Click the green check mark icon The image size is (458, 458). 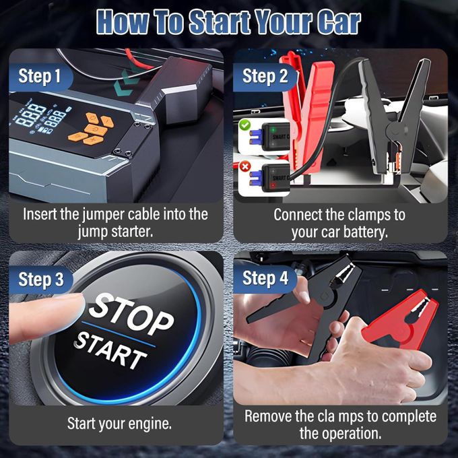(x=245, y=124)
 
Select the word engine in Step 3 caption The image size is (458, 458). (x=149, y=424)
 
